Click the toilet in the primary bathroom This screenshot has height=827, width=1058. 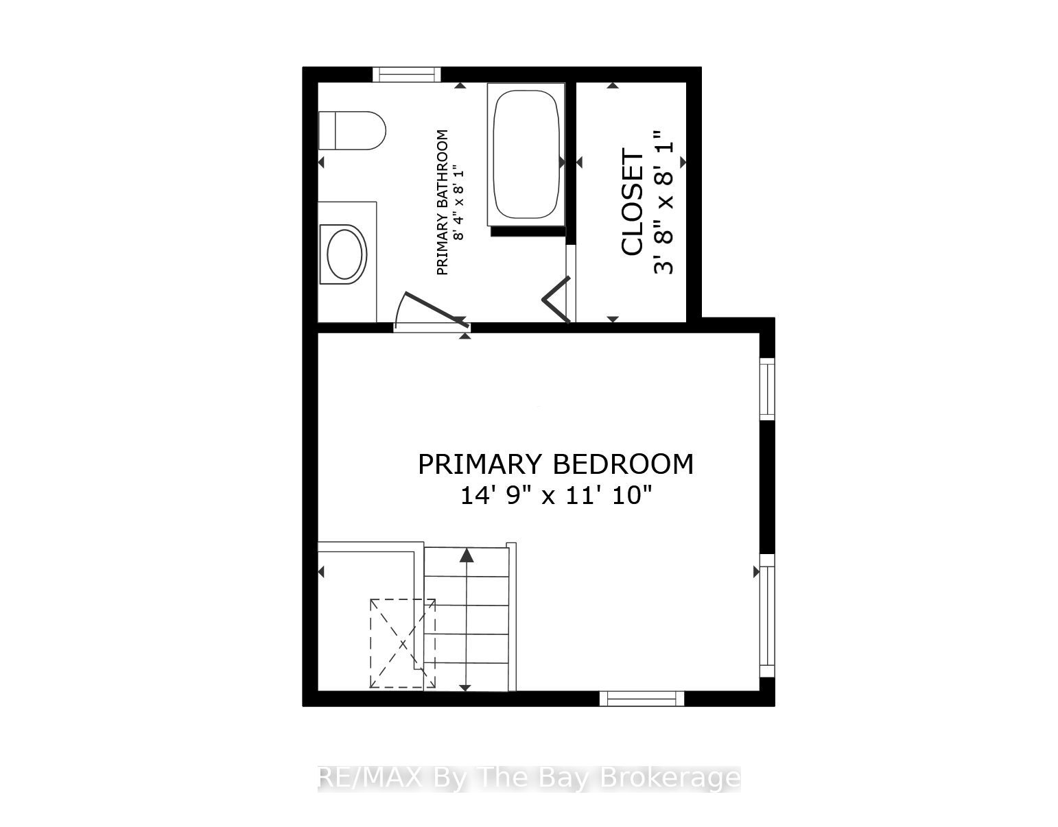[352, 130]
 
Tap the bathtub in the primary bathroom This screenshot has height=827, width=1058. [526, 154]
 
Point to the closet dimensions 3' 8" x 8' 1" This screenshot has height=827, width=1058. [664, 202]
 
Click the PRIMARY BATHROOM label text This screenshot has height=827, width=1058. [442, 202]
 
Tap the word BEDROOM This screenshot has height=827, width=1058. [623, 464]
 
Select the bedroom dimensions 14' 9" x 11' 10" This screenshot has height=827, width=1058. [556, 496]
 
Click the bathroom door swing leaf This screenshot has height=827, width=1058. [437, 310]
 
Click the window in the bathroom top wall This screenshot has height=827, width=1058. [407, 75]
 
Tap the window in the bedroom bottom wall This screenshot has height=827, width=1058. [642, 699]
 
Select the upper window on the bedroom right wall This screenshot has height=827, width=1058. [767, 389]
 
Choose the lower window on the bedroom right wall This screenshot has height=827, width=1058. [767, 615]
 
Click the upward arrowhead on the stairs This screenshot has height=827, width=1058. [467, 555]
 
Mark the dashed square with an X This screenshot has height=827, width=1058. [403, 644]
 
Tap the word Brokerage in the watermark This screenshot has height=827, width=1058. [670, 779]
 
